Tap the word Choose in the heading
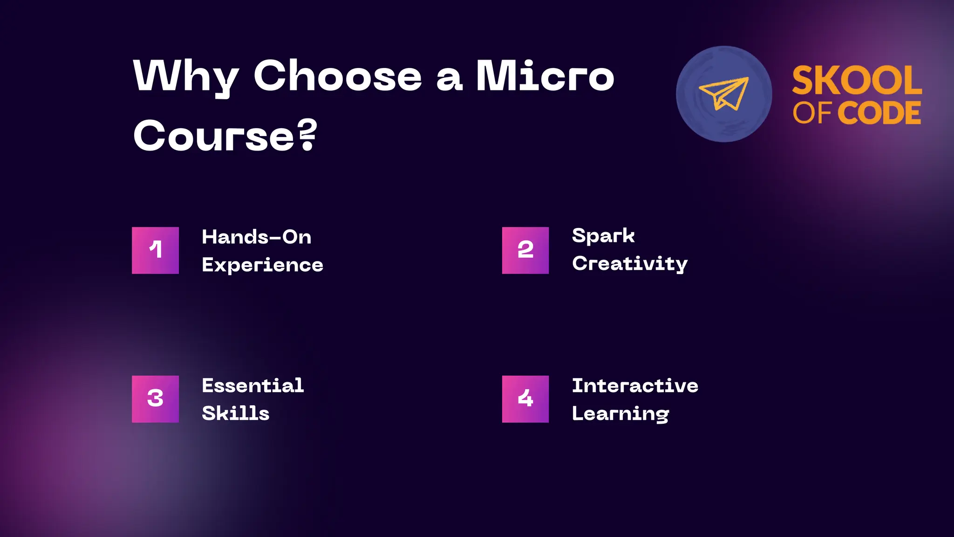pos(337,76)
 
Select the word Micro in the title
pos(545,76)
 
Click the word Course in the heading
pos(214,136)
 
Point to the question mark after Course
pos(307,135)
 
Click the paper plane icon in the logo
pos(723,94)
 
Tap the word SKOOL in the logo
pos(857,81)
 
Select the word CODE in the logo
pos(879,113)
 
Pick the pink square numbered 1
pos(155,250)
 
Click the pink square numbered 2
pos(525,250)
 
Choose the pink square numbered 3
pos(155,399)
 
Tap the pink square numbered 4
pos(525,399)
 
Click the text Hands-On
pos(256,237)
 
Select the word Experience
pos(262,265)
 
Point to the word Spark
pos(603,236)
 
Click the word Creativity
pos(630,264)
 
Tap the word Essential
pos(253,386)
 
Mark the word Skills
pos(236,413)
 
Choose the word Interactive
pos(635,386)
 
